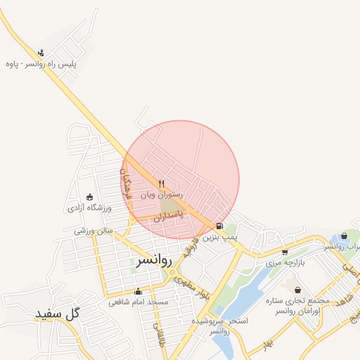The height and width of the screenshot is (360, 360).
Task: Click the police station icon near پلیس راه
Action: (41, 52)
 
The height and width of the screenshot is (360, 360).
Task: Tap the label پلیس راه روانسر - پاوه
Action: (40, 64)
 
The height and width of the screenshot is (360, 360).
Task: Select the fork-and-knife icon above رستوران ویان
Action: (162, 184)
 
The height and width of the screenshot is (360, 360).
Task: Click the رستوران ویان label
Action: (162, 193)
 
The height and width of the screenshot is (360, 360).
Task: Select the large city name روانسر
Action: (152, 259)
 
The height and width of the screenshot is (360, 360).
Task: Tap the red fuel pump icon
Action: (220, 226)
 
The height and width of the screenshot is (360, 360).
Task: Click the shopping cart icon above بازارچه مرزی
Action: (284, 252)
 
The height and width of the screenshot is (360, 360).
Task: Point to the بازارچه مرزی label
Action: (283, 262)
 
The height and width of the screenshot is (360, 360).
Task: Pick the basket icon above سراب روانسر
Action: (344, 236)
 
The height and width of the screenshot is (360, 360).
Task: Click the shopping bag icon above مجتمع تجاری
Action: (298, 290)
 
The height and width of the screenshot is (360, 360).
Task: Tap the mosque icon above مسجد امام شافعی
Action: (138, 292)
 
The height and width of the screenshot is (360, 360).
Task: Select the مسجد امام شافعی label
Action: (138, 302)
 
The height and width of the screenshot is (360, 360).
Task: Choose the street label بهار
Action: (267, 343)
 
